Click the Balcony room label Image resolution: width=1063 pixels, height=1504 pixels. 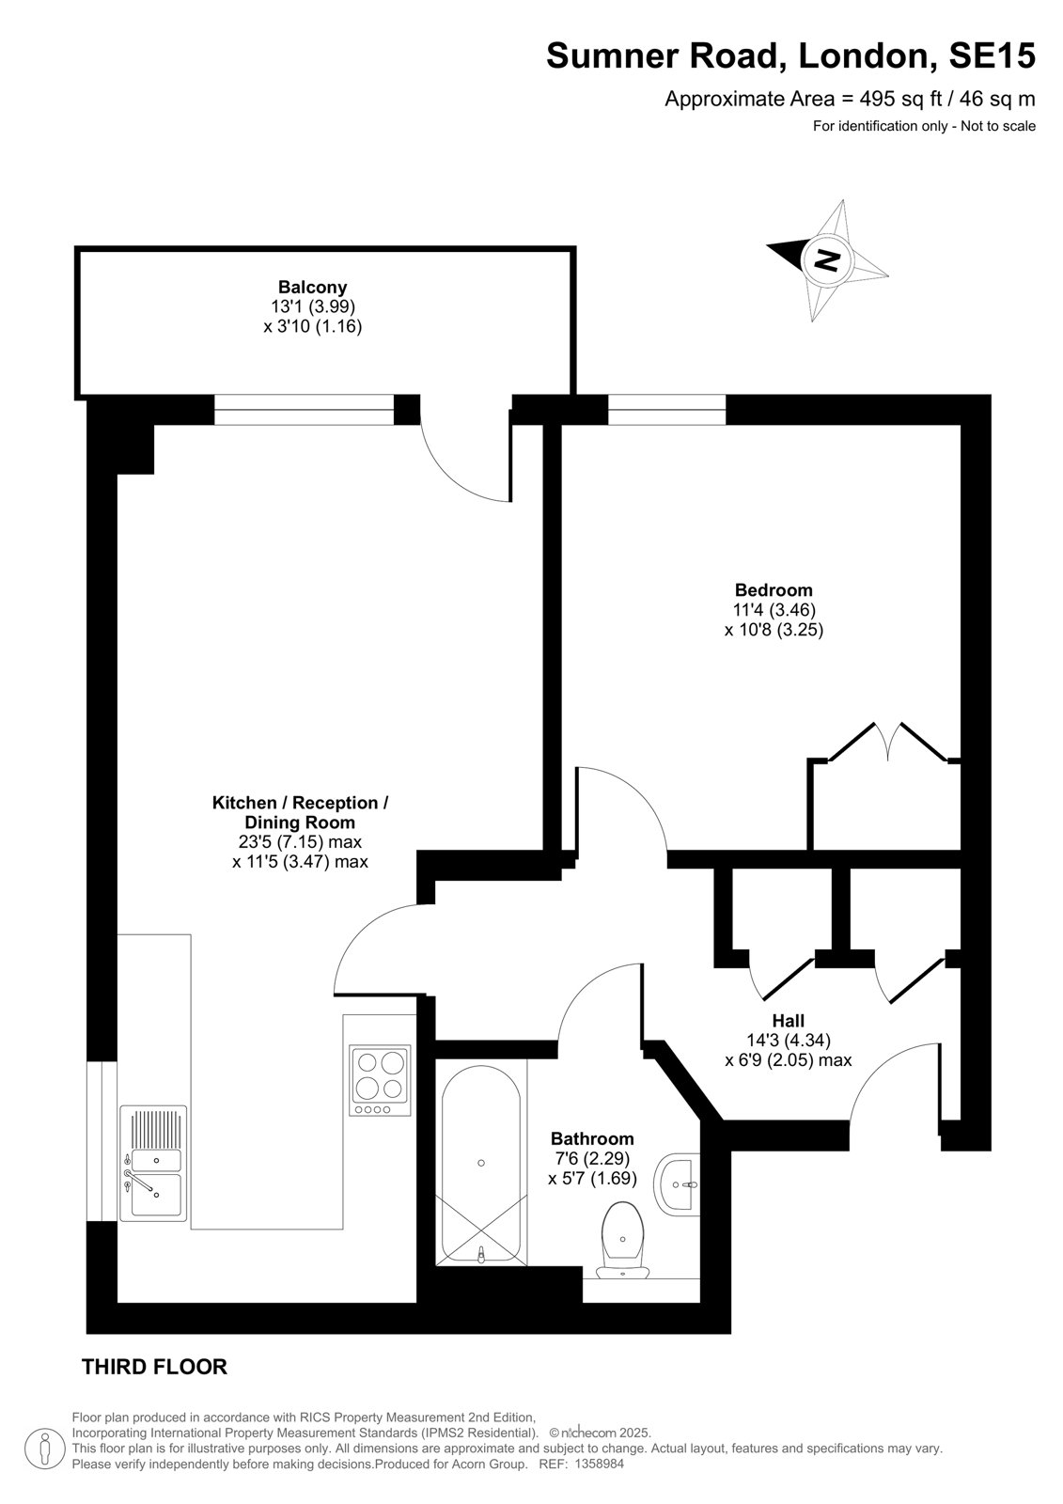coord(312,288)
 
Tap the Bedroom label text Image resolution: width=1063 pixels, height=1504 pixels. coord(774,590)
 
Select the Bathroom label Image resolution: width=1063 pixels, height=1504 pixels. coord(592,1138)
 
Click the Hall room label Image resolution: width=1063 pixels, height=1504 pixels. coord(789,1021)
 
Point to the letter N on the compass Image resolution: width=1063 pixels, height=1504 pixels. coord(826,259)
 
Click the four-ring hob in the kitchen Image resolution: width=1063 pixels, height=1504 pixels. coord(380,1080)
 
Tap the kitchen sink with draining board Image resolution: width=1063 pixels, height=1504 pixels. coord(154,1163)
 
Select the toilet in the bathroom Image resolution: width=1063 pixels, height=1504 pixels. coord(623,1240)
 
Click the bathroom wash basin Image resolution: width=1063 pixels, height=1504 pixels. coord(676,1185)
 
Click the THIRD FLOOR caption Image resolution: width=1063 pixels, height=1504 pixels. coord(154,1367)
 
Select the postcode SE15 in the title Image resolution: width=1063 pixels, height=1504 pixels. coord(992,55)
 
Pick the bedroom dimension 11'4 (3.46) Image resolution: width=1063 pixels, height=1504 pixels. coord(774,610)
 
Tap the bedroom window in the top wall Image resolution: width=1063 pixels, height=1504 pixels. coord(666,410)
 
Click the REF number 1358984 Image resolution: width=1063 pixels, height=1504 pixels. coord(599,1464)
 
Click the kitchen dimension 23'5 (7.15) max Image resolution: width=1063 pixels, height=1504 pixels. coord(300,842)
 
